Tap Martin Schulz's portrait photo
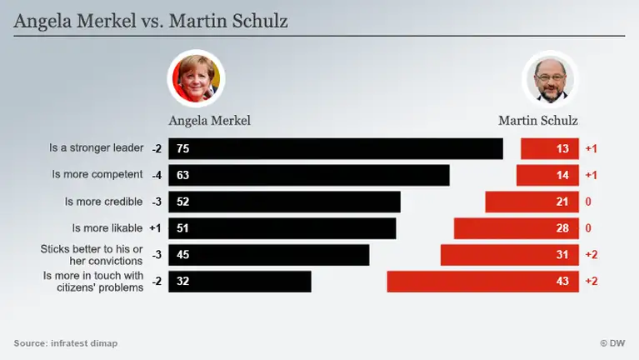coord(548,79)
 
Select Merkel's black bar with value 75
coord(336,148)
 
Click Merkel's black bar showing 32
coord(240,281)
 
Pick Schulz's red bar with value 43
coord(483,281)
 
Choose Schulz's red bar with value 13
coord(549,148)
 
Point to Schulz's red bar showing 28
coord(516,228)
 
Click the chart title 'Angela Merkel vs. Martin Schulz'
coord(151,21)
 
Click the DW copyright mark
coord(612,343)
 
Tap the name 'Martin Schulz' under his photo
coord(538,120)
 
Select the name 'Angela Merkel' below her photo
coord(209,120)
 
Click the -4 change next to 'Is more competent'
coord(157,175)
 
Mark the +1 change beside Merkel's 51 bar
coord(156,228)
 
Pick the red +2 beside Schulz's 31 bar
coord(592,255)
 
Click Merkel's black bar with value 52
coord(284,202)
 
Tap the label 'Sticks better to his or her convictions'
coord(92,254)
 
